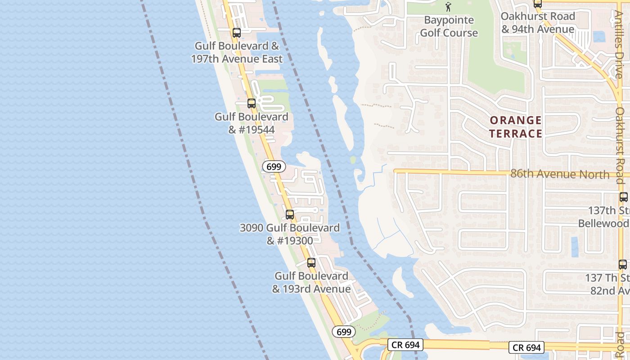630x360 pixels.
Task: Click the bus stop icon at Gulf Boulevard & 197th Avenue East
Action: click(x=237, y=33)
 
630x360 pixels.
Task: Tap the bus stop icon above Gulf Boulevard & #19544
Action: click(x=252, y=103)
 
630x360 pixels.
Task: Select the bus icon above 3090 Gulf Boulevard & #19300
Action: click(x=290, y=215)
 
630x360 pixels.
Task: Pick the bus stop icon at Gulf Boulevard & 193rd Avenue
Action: click(x=311, y=263)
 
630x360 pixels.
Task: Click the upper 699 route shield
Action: click(x=274, y=166)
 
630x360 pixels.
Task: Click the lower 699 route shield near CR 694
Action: click(x=344, y=332)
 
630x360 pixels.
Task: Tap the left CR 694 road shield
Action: click(x=405, y=345)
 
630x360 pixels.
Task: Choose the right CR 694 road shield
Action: click(x=526, y=347)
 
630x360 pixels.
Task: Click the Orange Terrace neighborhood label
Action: click(x=516, y=127)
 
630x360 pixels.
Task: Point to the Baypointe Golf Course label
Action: click(x=449, y=27)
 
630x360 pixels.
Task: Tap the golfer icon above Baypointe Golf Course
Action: click(x=448, y=7)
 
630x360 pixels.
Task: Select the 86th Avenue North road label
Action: click(x=560, y=174)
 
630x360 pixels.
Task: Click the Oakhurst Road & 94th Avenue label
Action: click(x=538, y=23)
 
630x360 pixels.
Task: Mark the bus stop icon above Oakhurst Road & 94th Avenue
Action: click(x=537, y=4)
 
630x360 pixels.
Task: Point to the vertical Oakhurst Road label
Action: click(x=620, y=144)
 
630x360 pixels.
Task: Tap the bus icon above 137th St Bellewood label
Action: click(x=623, y=197)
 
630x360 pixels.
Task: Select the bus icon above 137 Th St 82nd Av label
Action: click(x=623, y=265)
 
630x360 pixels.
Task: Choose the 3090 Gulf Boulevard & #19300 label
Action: click(x=290, y=234)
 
